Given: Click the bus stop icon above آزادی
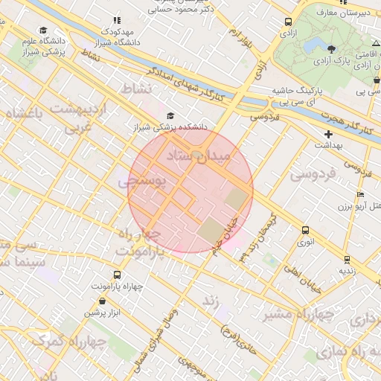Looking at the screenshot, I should [288, 22].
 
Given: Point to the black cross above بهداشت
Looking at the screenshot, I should [328, 134].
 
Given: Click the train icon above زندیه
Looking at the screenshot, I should [348, 259].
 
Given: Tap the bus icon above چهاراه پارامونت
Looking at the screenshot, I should [118, 274].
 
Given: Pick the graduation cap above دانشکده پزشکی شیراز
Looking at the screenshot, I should [171, 115].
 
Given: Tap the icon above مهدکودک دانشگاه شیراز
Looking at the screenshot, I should [116, 21].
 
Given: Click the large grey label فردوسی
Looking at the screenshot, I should [313, 174].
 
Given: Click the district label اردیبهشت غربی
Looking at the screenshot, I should [78, 118].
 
